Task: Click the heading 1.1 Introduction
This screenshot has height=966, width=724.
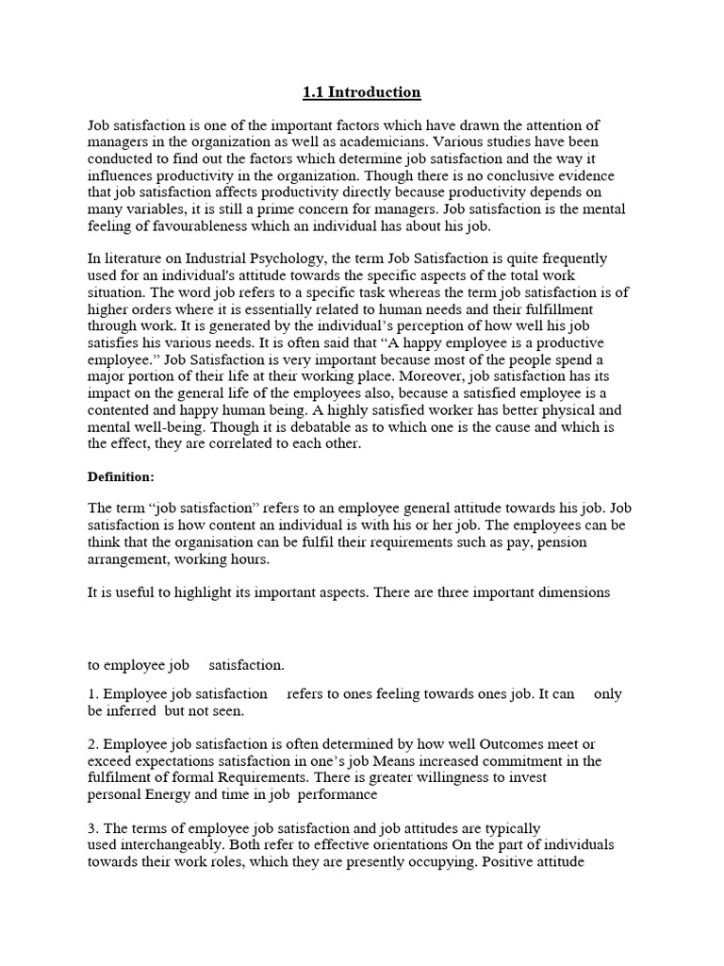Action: (361, 92)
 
